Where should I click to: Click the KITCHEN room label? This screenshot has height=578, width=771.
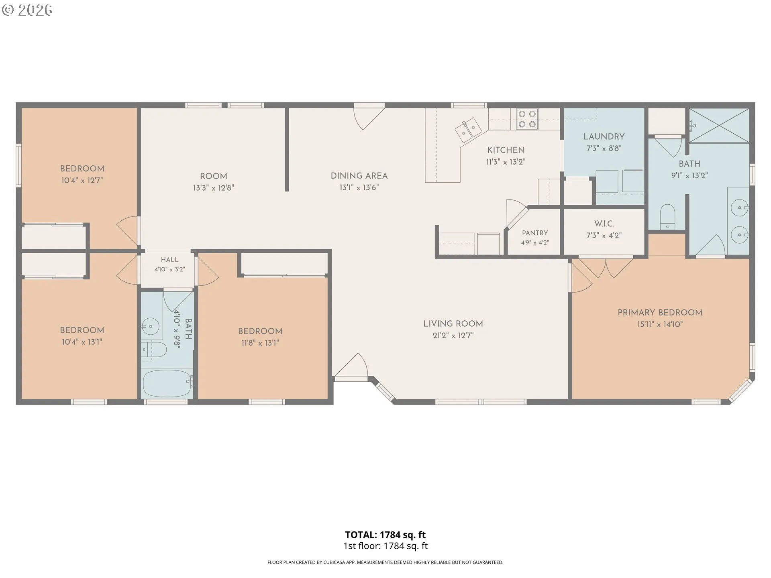click(x=506, y=150)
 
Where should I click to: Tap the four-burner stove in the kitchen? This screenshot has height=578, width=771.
click(x=527, y=119)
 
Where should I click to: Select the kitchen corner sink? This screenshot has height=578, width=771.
click(x=468, y=130)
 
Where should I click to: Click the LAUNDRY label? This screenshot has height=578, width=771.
click(x=604, y=136)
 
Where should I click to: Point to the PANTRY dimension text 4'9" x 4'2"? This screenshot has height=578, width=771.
click(x=535, y=242)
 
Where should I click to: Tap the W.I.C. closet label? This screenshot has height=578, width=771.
click(x=604, y=224)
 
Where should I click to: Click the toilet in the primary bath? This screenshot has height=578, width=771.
click(x=667, y=217)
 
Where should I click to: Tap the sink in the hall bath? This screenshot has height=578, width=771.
click(x=151, y=326)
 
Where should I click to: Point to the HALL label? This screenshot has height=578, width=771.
click(x=169, y=260)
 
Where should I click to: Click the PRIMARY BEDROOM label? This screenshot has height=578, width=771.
click(x=660, y=313)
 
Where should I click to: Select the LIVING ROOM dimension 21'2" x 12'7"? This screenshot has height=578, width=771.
click(x=453, y=336)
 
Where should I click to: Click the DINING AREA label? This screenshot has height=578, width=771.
click(x=359, y=176)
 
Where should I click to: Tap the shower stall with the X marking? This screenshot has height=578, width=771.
click(x=719, y=126)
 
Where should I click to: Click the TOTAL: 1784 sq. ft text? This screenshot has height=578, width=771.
click(x=385, y=535)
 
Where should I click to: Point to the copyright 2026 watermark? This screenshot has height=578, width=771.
click(x=27, y=10)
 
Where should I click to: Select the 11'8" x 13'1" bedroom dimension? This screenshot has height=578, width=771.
click(x=260, y=343)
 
